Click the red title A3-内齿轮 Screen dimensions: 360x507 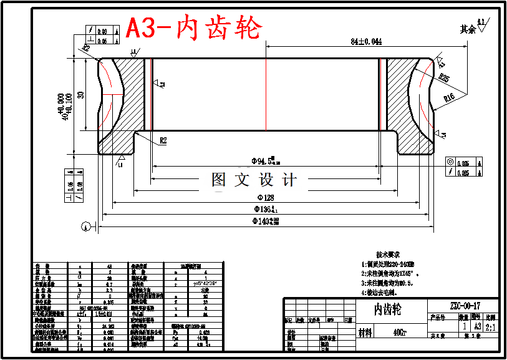(194, 28)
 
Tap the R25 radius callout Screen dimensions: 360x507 (443, 78)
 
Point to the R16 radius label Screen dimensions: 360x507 (450, 98)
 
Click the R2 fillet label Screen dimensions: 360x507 (163, 141)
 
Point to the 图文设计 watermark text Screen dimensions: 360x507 (254, 180)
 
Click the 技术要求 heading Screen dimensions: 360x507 (388, 255)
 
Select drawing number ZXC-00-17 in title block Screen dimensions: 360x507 (465, 306)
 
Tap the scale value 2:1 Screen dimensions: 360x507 (491, 326)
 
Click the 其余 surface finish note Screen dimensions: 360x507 (468, 29)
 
